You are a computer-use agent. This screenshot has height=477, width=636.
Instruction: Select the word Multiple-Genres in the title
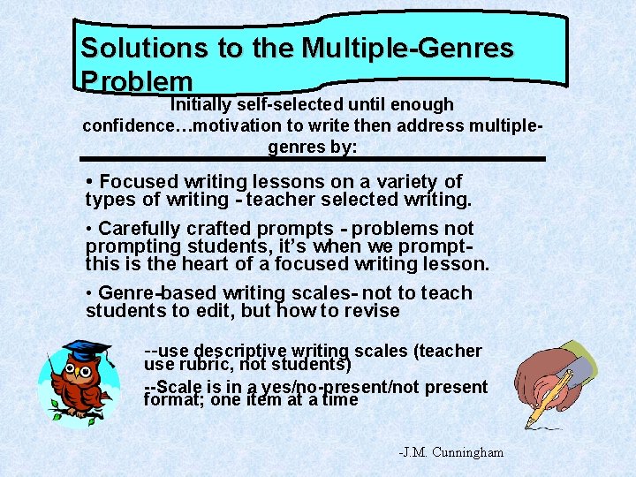pyautogui.click(x=407, y=48)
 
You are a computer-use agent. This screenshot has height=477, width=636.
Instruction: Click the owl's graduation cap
pyautogui.click(x=87, y=350)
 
